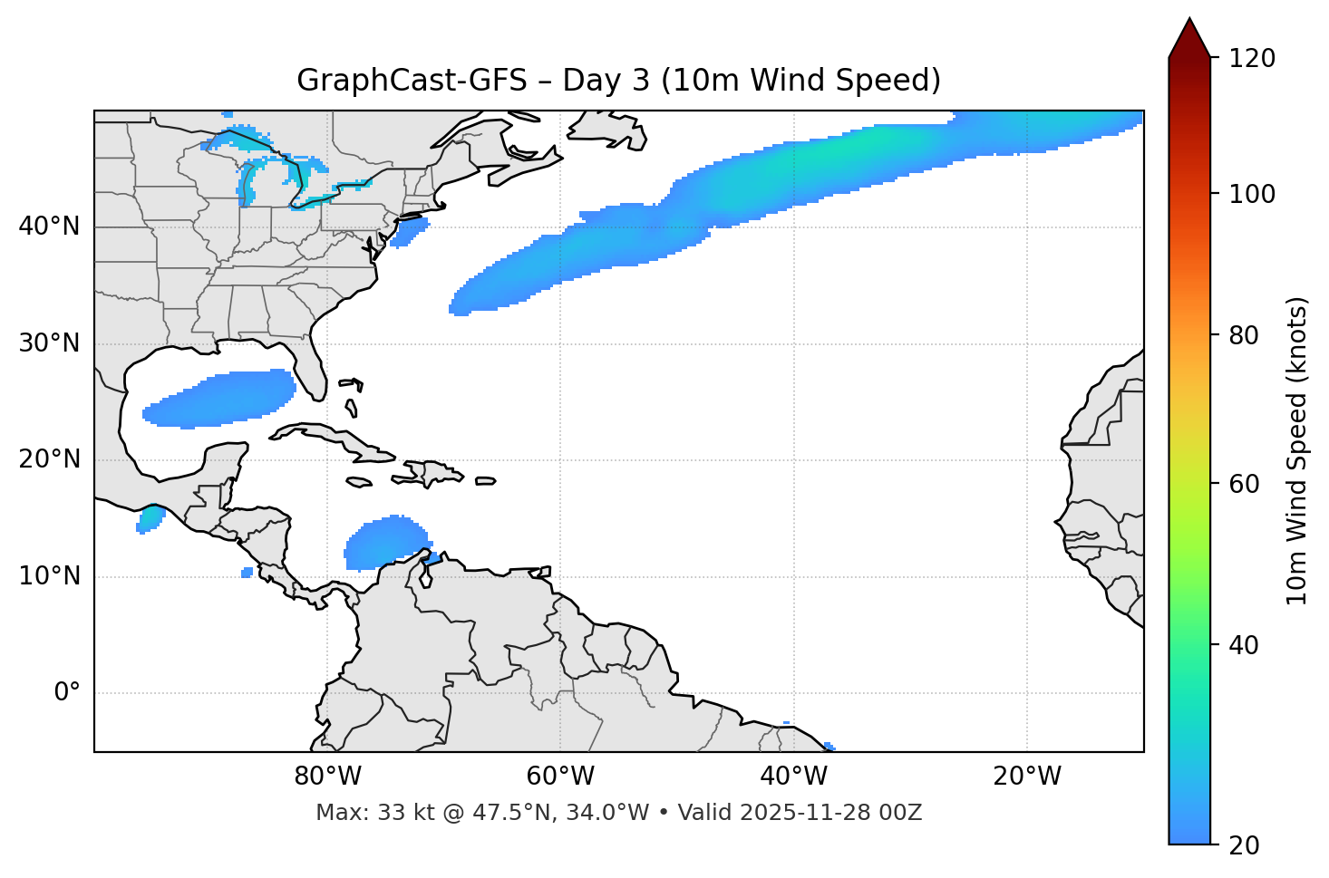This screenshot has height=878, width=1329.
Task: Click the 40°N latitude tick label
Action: (49, 227)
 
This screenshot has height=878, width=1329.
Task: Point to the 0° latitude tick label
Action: (67, 693)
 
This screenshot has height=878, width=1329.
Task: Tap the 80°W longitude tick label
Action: (327, 777)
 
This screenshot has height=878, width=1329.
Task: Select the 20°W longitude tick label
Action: (1027, 777)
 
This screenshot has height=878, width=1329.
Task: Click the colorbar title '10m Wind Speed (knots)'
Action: (1296, 450)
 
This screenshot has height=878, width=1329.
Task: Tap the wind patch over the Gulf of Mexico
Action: (222, 399)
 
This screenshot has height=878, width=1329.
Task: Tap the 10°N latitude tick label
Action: (49, 576)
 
